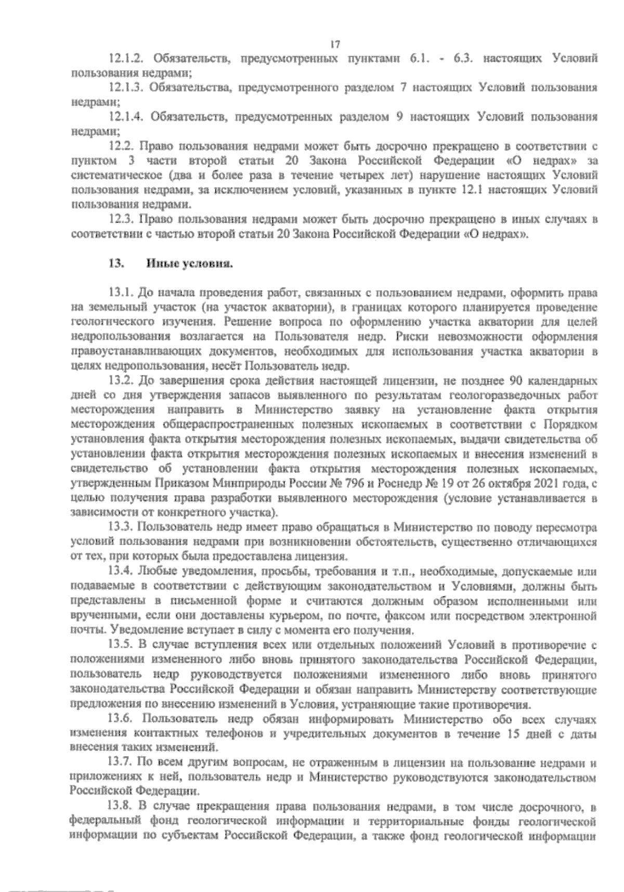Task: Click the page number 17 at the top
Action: [335, 45]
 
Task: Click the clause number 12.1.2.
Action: [125, 59]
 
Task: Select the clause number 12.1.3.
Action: [125, 88]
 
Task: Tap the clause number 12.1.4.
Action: [125, 117]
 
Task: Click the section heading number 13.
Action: [114, 264]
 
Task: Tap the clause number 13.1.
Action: [120, 293]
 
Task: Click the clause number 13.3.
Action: [120, 527]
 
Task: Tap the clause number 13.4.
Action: [120, 572]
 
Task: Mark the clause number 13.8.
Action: [120, 807]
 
